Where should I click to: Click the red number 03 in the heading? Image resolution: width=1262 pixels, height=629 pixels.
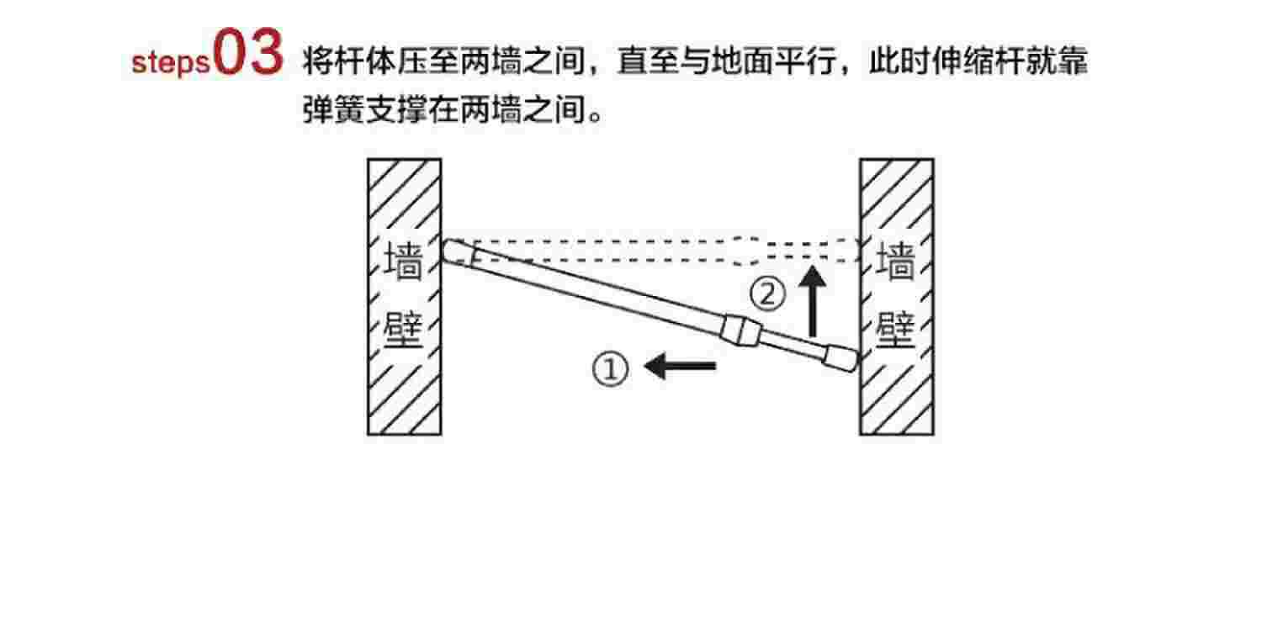click(249, 55)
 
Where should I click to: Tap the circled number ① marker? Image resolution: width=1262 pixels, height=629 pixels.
click(611, 369)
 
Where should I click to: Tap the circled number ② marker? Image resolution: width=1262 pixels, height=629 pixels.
click(767, 295)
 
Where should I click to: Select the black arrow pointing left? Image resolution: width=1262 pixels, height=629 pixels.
click(680, 366)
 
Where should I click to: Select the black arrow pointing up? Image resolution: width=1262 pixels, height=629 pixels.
click(813, 302)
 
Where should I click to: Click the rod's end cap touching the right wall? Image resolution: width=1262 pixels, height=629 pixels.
click(840, 358)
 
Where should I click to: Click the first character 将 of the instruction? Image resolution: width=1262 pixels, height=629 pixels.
click(317, 62)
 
